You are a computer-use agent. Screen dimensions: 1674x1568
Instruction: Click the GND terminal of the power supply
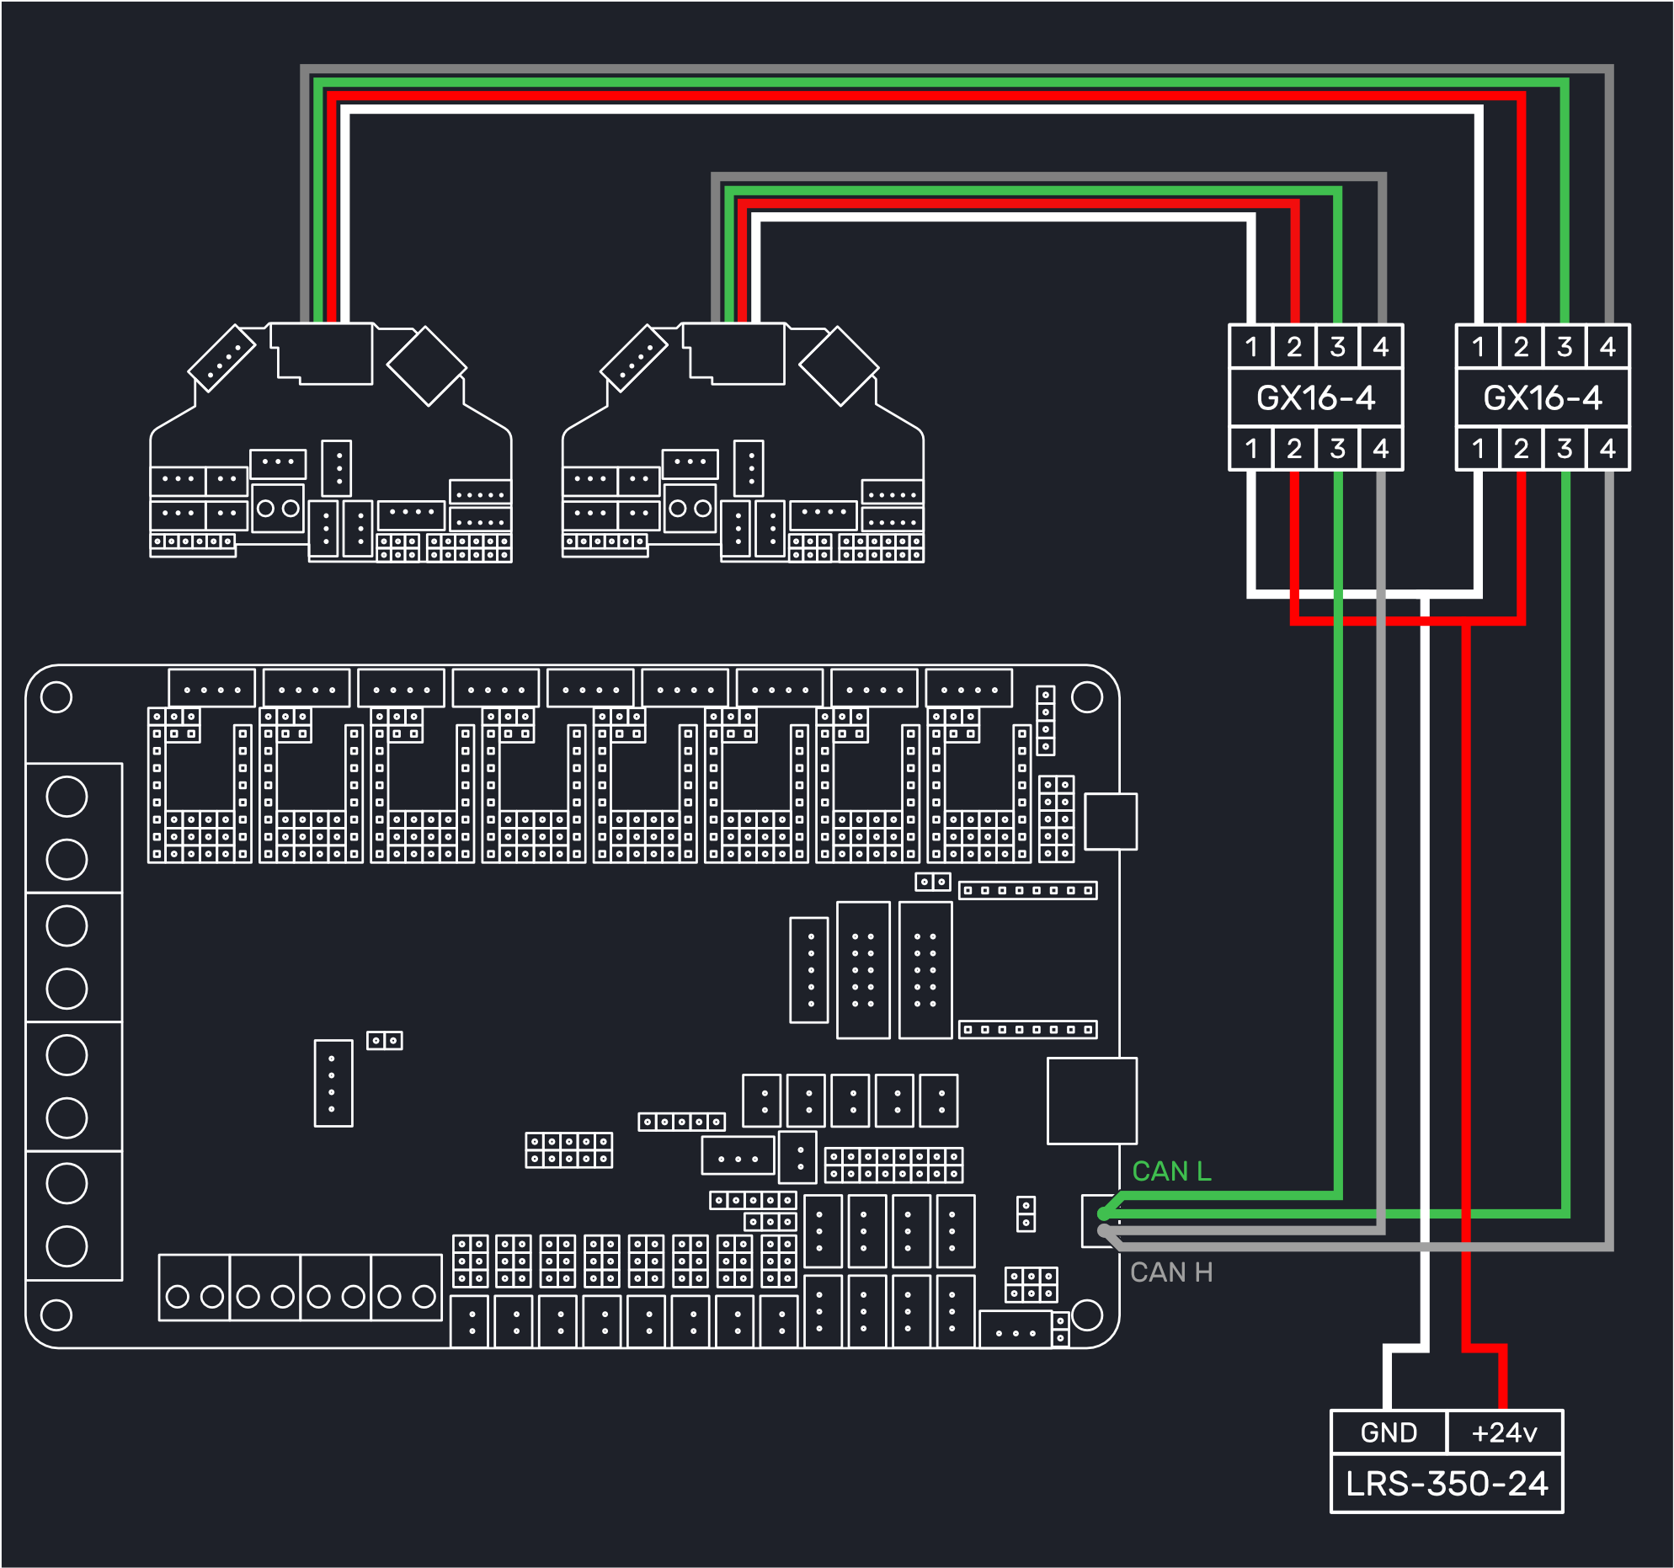[x=1389, y=1432]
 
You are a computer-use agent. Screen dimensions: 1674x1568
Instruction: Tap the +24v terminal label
[x=1504, y=1432]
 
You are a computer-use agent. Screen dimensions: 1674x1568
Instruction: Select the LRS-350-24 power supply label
[x=1447, y=1484]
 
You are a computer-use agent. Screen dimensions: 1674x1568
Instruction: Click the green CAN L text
[x=1171, y=1171]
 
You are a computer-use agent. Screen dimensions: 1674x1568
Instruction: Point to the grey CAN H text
[x=1171, y=1272]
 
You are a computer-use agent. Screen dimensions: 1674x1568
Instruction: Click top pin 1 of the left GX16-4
[x=1251, y=346]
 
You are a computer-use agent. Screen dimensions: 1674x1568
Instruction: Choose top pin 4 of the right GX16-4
[x=1607, y=346]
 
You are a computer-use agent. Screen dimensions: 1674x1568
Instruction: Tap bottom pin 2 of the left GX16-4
[x=1294, y=448]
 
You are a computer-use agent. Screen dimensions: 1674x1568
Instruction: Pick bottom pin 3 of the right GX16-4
[x=1565, y=448]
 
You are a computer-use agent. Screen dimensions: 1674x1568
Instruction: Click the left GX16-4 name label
[x=1316, y=397]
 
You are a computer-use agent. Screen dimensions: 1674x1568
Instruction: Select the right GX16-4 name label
[x=1543, y=397]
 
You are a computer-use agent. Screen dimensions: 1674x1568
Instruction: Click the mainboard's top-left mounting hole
[x=56, y=697]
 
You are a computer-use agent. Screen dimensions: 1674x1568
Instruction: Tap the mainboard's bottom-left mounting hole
[x=56, y=1315]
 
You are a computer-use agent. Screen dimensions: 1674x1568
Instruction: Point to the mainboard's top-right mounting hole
[x=1087, y=697]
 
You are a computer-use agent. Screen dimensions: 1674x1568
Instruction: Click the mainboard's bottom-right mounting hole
[x=1087, y=1315]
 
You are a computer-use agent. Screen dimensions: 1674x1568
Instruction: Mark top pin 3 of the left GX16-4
[x=1337, y=346]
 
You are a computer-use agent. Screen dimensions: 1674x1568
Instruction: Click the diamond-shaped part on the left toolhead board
[x=427, y=366]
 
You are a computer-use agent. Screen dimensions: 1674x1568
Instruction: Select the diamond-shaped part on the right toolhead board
[x=839, y=366]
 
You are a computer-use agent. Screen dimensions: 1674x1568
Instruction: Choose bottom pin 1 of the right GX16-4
[x=1478, y=448]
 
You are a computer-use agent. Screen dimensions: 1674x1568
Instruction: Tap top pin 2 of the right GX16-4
[x=1521, y=346]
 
